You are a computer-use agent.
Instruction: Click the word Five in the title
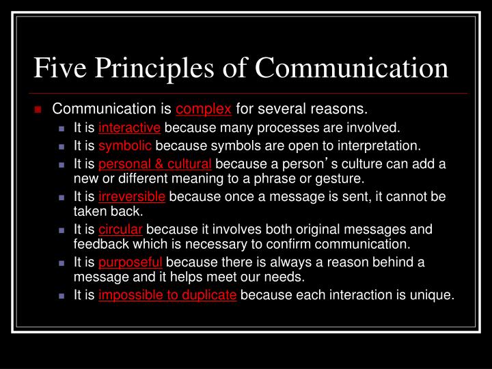pos(60,68)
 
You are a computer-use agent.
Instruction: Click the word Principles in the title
pos(154,69)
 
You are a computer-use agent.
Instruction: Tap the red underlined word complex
pos(204,109)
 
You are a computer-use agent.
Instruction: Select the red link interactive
pos(130,128)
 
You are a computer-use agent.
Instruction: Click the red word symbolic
pos(125,146)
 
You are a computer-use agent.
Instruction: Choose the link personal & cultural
pos(155,164)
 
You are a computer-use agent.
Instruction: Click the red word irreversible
pos(132,197)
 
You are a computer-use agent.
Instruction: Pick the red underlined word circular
pos(120,230)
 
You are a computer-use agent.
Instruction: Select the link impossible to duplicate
pos(167,295)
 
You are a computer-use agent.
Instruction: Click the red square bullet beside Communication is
pos(38,109)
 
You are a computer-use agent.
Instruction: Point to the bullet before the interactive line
pos(61,128)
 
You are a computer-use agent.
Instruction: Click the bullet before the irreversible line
pos(61,197)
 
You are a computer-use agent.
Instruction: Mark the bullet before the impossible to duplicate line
pos(61,296)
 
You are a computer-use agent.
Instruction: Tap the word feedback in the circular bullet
pos(101,244)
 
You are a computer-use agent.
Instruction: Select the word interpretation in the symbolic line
pos(379,146)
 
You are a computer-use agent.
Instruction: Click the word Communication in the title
pos(352,68)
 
